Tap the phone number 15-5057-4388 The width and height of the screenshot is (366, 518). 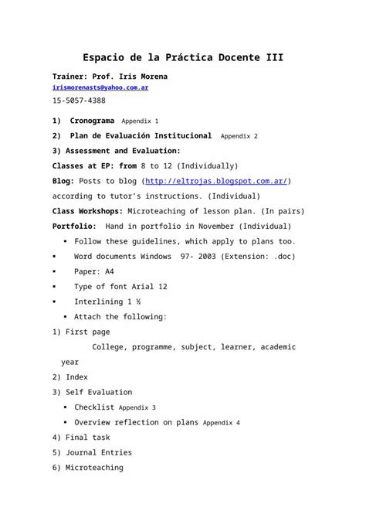(79, 101)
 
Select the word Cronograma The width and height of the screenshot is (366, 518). (92, 121)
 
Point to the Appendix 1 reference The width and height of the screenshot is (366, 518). (141, 122)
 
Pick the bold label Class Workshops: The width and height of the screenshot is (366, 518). (80, 211)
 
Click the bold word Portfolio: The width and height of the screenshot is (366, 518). (74, 226)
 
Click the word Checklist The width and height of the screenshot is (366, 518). (94, 407)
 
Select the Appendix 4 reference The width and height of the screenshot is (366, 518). (221, 423)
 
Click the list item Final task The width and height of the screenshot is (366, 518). (87, 438)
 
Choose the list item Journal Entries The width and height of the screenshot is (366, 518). (99, 452)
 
